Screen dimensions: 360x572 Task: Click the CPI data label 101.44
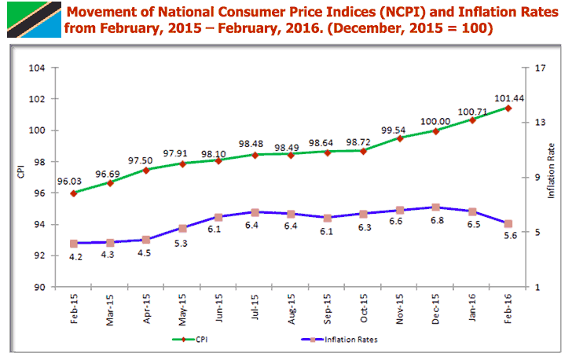pos(509,99)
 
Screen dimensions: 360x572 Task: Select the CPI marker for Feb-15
pos(73,193)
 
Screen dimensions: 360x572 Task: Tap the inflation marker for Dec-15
pos(436,207)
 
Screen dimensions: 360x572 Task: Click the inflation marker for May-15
pos(182,228)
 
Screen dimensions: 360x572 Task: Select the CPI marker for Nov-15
pos(400,138)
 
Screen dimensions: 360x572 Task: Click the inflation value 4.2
pos(74,257)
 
